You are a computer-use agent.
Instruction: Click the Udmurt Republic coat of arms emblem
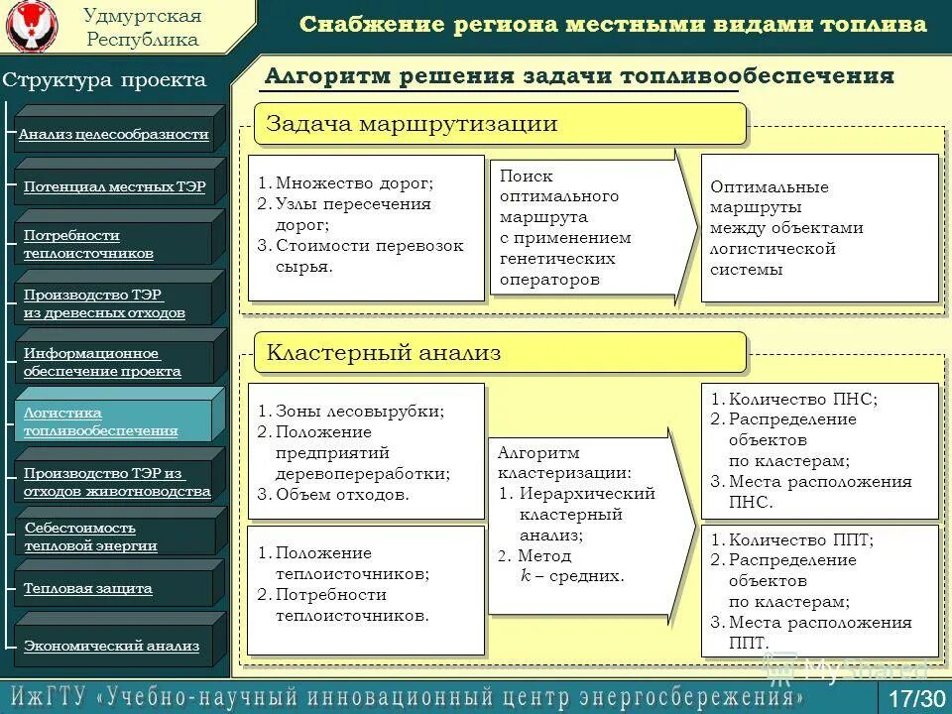pos(32,28)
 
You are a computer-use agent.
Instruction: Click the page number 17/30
pos(917,697)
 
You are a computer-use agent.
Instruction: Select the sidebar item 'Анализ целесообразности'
pos(114,134)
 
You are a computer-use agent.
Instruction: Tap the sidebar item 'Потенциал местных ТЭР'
pos(114,186)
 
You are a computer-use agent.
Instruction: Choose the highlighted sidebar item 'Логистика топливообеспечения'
pos(114,421)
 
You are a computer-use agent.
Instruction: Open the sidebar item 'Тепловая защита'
pos(114,588)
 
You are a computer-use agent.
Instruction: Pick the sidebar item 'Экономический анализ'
pos(114,646)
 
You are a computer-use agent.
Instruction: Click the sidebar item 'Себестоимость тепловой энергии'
pos(114,536)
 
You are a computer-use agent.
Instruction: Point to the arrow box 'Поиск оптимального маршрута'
pos(580,227)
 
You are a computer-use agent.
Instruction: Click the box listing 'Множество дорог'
pos(365,226)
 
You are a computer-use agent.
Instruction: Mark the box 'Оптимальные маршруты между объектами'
pos(819,227)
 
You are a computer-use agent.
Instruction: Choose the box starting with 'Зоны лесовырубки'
pos(365,452)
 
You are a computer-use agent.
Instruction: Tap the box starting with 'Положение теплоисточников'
pos(365,590)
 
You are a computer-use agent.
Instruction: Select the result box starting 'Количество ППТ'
pos(819,590)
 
